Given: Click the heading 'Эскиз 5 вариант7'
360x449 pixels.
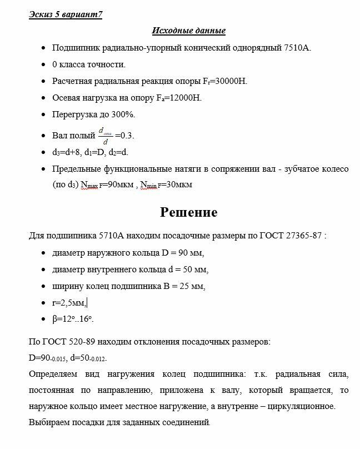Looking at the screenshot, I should click(x=66, y=14).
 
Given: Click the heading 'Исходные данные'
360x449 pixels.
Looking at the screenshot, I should click(x=188, y=31).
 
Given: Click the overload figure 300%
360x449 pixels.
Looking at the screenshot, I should click(x=121, y=114).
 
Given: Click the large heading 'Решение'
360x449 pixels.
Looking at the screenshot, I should click(x=188, y=212).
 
